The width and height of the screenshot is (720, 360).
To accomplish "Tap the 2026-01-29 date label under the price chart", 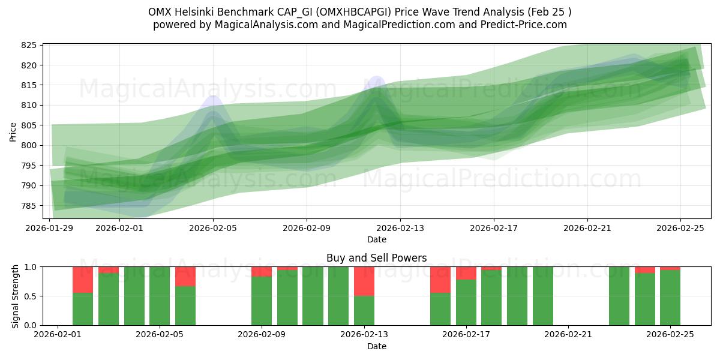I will (49, 228).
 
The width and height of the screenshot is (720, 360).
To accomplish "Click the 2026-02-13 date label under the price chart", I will (400, 228).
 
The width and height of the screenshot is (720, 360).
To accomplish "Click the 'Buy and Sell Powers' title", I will (376, 258).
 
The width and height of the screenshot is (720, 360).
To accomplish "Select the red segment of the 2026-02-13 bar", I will (364, 281).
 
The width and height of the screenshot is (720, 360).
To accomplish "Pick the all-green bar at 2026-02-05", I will (160, 296).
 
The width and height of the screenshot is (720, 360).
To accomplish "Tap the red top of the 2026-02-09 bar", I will (262, 271).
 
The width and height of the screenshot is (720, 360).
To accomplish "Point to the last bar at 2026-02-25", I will (670, 297).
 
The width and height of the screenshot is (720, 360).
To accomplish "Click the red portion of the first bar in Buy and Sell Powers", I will (83, 280).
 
